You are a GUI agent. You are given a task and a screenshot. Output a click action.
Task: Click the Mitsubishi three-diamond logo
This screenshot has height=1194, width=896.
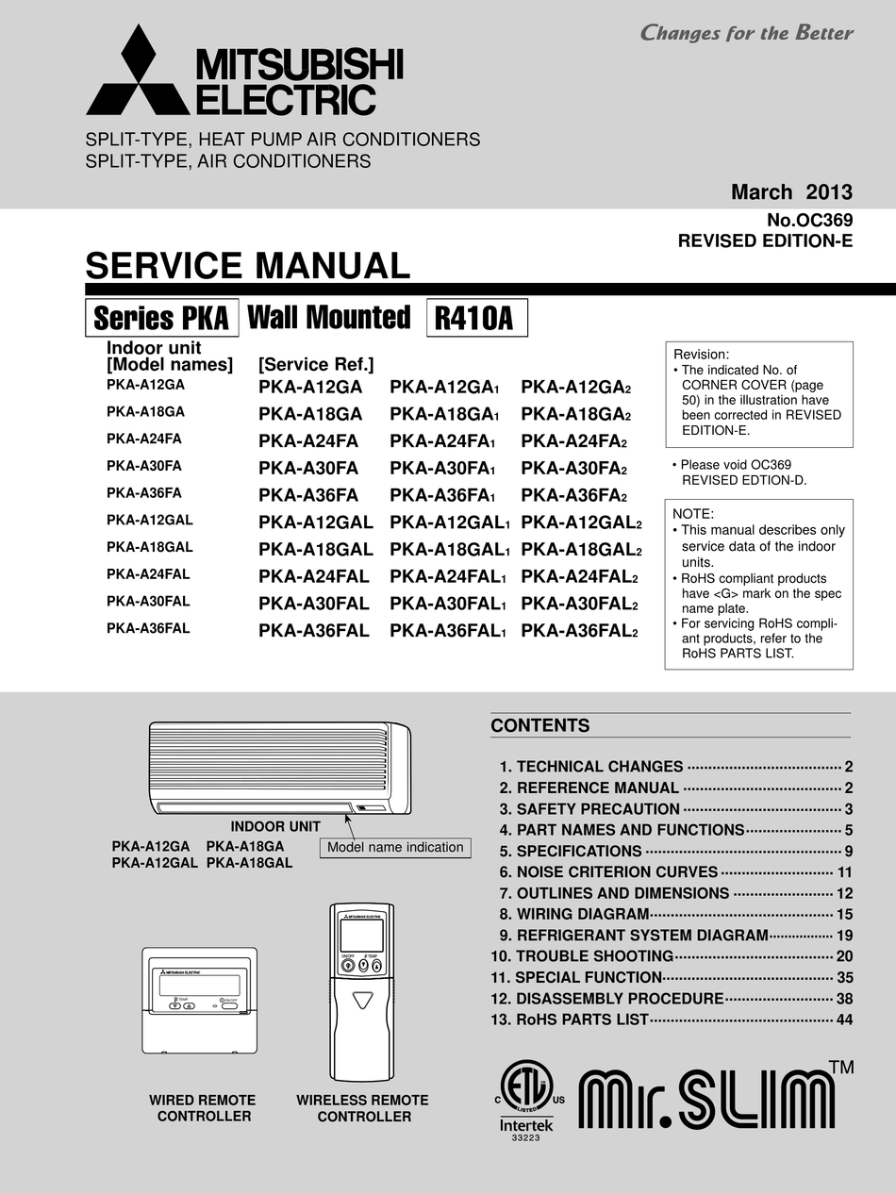pyautogui.click(x=138, y=73)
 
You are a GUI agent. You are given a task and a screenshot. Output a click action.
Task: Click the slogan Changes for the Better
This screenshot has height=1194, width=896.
pyautogui.click(x=746, y=33)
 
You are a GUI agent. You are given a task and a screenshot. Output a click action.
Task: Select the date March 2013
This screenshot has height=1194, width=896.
pyautogui.click(x=791, y=192)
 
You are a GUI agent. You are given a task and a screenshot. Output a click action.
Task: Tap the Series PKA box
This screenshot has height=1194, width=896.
pyautogui.click(x=161, y=318)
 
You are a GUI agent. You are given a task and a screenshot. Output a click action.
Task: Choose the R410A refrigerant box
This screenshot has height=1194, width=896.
pyautogui.click(x=476, y=318)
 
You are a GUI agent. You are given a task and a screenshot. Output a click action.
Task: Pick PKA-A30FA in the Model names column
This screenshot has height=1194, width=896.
pyautogui.click(x=144, y=466)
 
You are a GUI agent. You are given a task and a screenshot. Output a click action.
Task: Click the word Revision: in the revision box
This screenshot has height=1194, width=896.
pyautogui.click(x=702, y=354)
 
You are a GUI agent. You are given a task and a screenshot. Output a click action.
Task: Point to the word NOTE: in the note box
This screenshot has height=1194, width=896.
pyautogui.click(x=693, y=514)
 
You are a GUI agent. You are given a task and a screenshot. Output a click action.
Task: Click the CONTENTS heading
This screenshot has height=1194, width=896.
pyautogui.click(x=539, y=725)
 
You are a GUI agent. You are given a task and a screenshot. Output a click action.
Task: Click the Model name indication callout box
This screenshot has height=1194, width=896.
pyautogui.click(x=395, y=847)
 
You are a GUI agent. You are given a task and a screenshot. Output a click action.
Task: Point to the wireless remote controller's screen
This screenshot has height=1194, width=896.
pyautogui.click(x=362, y=935)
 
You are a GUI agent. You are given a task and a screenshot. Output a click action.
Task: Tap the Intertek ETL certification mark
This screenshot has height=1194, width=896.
pyautogui.click(x=526, y=1100)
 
